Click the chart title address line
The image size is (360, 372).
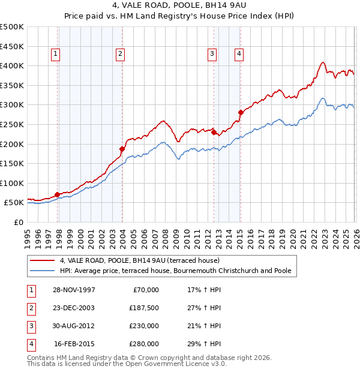(180, 5)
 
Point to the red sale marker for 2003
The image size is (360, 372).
(122, 149)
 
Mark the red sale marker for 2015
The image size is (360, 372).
(241, 112)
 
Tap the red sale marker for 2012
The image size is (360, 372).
(214, 132)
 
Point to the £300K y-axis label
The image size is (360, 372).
(12, 104)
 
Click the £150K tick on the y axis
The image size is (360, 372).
(12, 163)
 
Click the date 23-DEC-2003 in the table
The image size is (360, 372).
(74, 308)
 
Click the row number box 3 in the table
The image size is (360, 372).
(30, 326)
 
